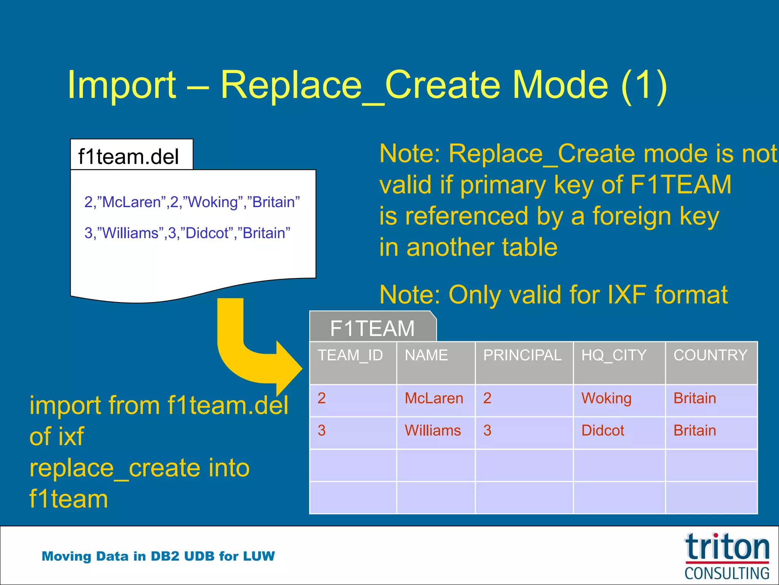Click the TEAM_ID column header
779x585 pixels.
click(350, 356)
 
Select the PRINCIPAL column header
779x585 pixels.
click(522, 356)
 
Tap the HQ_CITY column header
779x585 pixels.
click(614, 356)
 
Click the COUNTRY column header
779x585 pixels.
click(711, 356)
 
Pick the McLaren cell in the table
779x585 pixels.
click(434, 399)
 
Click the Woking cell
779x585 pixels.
click(606, 399)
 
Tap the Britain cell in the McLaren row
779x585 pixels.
click(695, 399)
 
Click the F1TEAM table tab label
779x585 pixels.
click(372, 328)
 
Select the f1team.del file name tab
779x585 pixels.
click(129, 157)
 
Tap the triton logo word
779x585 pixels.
click(727, 548)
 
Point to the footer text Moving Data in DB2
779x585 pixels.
click(158, 556)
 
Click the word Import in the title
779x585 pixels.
click(122, 85)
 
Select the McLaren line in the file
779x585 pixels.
click(192, 202)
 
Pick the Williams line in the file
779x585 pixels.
click(187, 233)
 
